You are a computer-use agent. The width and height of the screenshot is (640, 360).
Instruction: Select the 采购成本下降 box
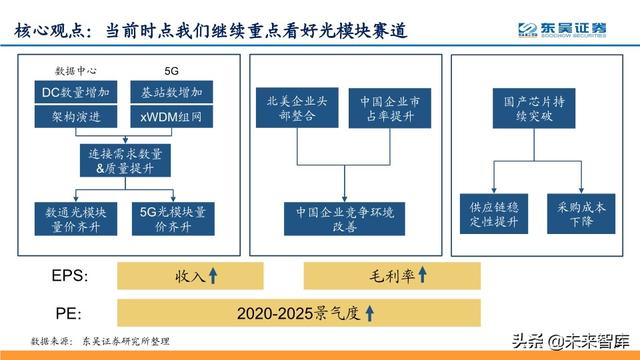[579, 212]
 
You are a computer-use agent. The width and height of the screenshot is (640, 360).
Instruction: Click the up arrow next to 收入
[213, 274]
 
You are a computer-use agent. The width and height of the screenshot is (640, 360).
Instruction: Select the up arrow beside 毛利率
[423, 274]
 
